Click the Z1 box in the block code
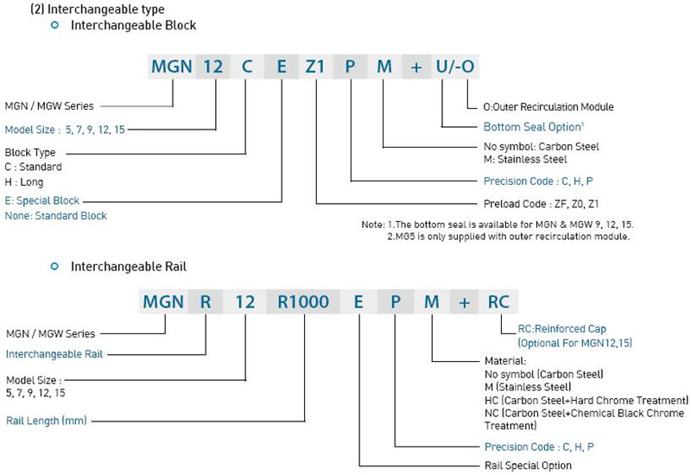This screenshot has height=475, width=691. coord(315,66)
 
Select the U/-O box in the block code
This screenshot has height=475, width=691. coord(453,66)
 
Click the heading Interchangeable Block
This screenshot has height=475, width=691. coord(133,26)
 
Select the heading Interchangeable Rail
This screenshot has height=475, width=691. coord(128,267)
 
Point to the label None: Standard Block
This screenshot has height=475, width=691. coord(56,216)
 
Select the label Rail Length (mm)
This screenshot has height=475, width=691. coord(47,421)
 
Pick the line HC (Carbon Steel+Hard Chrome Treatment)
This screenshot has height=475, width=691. coord(586,400)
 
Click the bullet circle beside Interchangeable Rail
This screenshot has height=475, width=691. coord(55,267)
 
